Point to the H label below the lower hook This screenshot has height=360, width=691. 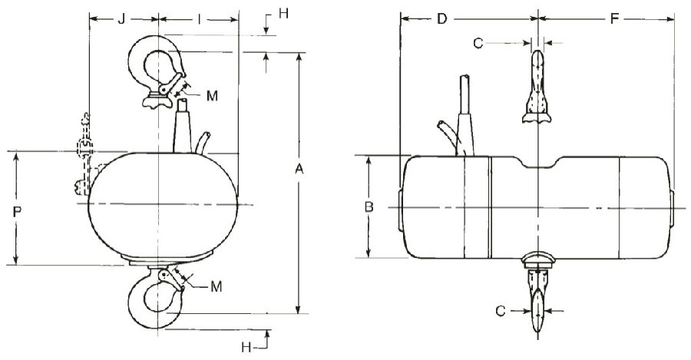coord(246,348)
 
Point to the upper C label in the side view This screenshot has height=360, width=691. coord(478,44)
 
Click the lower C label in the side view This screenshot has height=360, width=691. coord(500,311)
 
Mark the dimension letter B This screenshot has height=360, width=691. coord(369,207)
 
